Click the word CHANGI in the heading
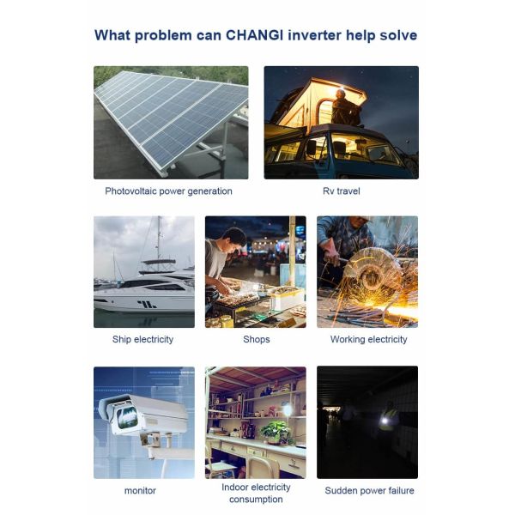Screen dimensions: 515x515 pyautogui.click(x=255, y=35)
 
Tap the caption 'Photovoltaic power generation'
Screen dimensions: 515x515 pyautogui.click(x=168, y=191)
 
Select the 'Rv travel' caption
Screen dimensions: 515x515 pyautogui.click(x=342, y=191)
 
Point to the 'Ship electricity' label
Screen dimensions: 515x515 pyautogui.click(x=142, y=339)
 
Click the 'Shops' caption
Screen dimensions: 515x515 pyautogui.click(x=256, y=339)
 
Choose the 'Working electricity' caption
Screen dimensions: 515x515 pyautogui.click(x=368, y=339)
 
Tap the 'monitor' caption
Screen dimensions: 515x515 pyautogui.click(x=140, y=491)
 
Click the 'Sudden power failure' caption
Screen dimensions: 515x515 pyautogui.click(x=369, y=491)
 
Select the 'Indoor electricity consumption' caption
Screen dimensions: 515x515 pyautogui.click(x=256, y=494)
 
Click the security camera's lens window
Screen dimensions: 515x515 pyautogui.click(x=127, y=417)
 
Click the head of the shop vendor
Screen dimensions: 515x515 pyautogui.click(x=235, y=239)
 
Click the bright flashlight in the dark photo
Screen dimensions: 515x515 pyautogui.click(x=384, y=421)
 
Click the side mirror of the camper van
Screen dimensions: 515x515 pyautogui.click(x=311, y=147)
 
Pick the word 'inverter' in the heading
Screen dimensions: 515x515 pyautogui.click(x=314, y=35)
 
